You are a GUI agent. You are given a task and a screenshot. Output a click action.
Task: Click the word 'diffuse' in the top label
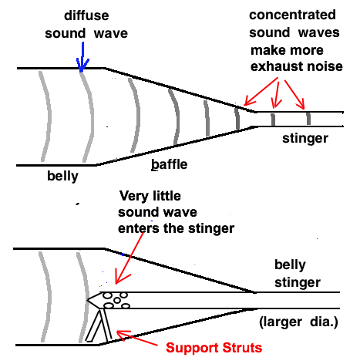point(86,15)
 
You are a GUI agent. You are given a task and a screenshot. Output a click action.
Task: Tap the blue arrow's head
point(82,66)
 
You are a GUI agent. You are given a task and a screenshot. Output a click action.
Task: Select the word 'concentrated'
point(292,15)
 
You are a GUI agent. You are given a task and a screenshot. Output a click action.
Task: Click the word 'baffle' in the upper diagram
point(170,164)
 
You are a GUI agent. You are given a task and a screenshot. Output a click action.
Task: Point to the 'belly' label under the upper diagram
point(62,177)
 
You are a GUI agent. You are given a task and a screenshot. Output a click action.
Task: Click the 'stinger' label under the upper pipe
point(305,139)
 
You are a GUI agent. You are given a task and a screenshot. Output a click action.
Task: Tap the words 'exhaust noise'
point(297,66)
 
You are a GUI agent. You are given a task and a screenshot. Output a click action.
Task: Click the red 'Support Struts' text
point(214,348)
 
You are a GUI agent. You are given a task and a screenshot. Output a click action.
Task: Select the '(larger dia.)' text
point(298,322)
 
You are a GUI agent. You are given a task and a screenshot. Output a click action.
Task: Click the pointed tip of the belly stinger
point(87,300)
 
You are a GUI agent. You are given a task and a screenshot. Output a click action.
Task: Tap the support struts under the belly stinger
point(99,325)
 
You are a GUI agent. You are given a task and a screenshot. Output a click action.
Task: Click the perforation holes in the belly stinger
point(116,300)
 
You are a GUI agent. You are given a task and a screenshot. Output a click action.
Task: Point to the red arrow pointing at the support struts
point(136,339)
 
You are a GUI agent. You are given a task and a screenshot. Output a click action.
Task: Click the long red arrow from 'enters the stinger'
point(129,258)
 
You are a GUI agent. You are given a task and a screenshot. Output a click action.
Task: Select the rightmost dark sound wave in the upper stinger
point(308,119)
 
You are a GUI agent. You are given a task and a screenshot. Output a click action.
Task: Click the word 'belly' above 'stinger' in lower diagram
point(290,265)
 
